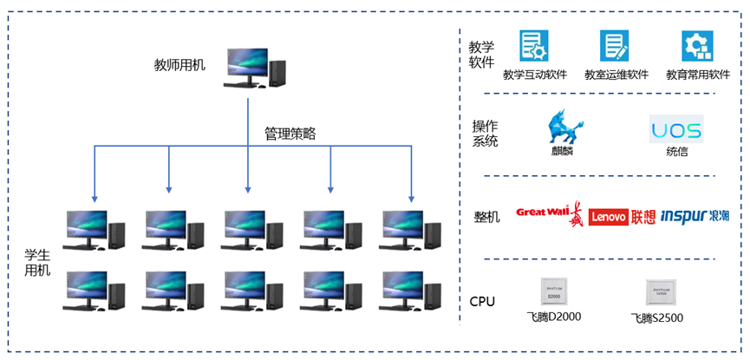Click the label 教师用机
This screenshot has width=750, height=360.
point(179,64)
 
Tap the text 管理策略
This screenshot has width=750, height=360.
point(290,134)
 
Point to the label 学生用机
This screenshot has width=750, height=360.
point(38,261)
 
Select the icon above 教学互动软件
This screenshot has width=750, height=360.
point(533,45)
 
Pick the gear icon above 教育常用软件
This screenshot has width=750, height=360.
point(696,45)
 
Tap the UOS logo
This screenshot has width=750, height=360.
point(675,130)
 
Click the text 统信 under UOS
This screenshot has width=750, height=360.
point(677,152)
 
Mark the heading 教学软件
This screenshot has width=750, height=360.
point(481,54)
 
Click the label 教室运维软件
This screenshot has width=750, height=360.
point(616,75)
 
